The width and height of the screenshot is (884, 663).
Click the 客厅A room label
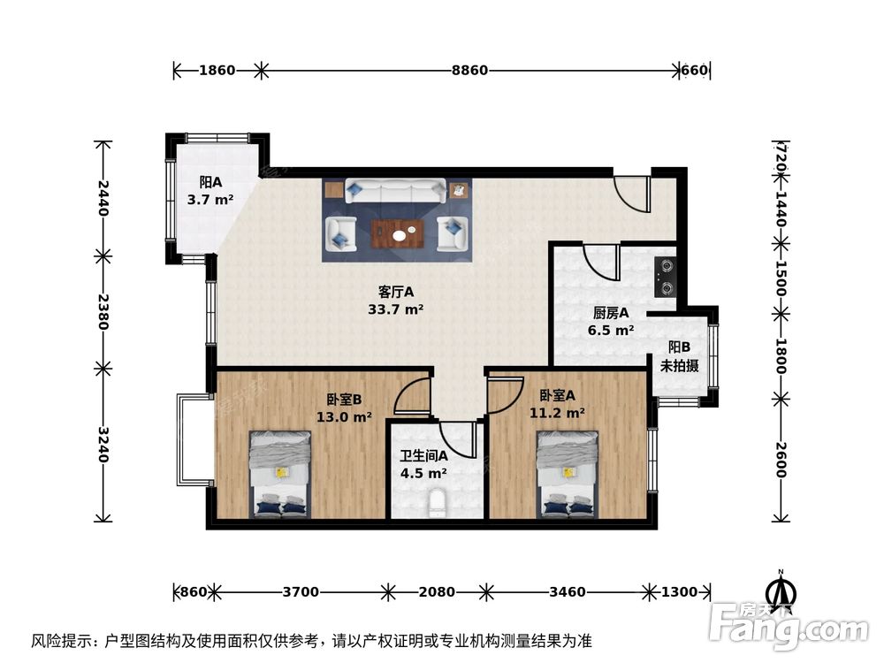click(x=395, y=300)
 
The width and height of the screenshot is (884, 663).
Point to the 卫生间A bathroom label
click(x=423, y=464)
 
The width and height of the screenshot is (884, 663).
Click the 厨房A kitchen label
click(x=611, y=321)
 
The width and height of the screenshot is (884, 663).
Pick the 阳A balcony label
click(x=210, y=190)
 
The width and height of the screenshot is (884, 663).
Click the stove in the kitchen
click(x=665, y=275)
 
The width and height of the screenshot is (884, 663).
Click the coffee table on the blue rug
click(x=399, y=232)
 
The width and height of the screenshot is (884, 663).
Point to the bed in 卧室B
click(x=279, y=474)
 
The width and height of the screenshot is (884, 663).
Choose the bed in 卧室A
click(x=568, y=474)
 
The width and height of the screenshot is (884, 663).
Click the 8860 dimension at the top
click(x=469, y=71)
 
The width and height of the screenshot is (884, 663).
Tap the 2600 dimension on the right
click(x=781, y=459)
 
